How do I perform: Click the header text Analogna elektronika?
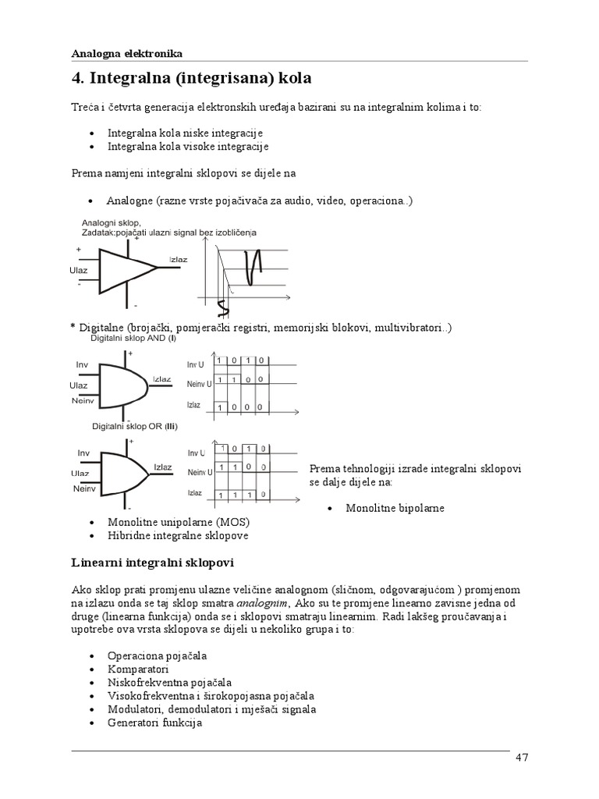coord(126,54)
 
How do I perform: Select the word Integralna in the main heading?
coord(128,79)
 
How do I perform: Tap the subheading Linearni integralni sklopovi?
coord(152,562)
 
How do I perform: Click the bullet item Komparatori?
coord(138,669)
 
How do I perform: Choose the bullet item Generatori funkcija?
coord(154,723)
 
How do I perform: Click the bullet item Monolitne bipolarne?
coord(395,508)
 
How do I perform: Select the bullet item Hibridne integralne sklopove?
coord(178,536)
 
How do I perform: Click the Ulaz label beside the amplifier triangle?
coord(79,270)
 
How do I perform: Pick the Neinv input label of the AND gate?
coord(83,400)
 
